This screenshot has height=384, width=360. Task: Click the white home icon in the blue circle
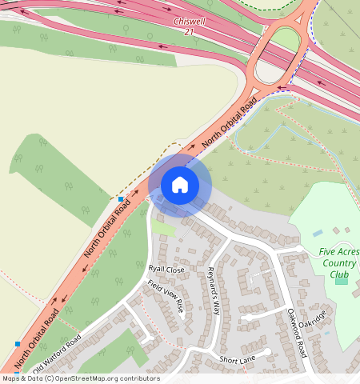point(180,185)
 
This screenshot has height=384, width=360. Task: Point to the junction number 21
point(189,31)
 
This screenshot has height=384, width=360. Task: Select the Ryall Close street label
point(166,270)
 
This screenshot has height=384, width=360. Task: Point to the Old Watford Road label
point(57,356)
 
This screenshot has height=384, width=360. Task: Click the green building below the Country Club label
point(342,279)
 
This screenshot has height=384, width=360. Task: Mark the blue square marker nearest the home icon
point(121,198)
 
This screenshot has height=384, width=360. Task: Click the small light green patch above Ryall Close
point(163,229)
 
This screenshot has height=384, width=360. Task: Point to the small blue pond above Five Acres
point(318,233)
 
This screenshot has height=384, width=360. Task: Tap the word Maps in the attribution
point(12,378)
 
